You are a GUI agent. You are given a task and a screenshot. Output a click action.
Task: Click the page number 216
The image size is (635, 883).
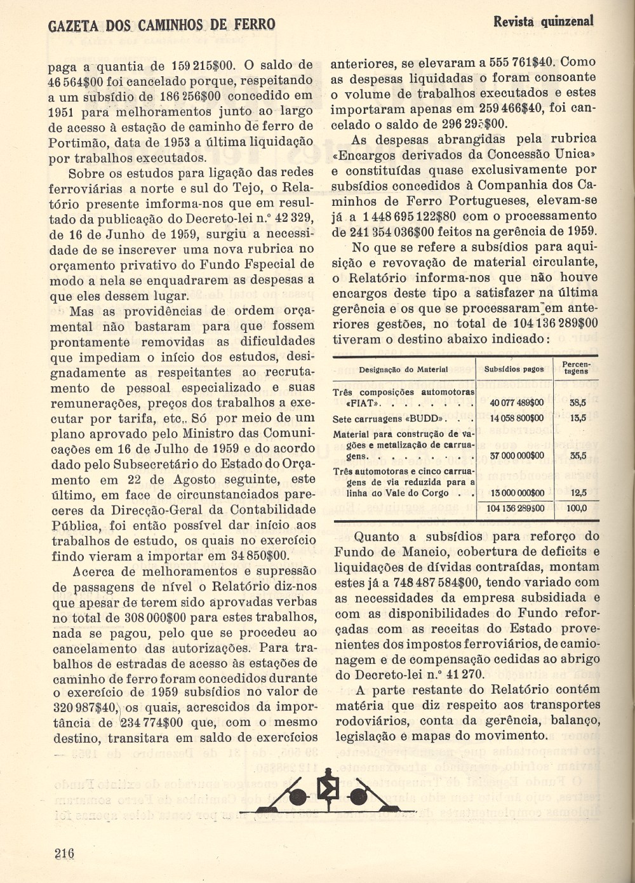tap(64, 853)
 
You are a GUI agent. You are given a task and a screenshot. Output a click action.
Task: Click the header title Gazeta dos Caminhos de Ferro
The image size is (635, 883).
tap(162, 25)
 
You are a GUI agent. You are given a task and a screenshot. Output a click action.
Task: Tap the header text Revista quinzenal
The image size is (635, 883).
tap(543, 21)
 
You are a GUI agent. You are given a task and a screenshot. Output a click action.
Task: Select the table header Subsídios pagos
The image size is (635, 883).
tap(514, 369)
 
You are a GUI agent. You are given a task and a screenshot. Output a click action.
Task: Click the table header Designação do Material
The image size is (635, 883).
tap(403, 369)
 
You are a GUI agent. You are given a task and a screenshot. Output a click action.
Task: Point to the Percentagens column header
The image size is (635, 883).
tap(576, 368)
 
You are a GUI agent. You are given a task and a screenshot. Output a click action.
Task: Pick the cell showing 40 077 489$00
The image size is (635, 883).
tap(517, 403)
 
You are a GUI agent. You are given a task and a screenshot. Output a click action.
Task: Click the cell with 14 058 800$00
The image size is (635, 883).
tap(517, 419)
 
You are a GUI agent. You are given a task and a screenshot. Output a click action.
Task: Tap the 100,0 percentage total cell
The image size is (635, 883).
tap(577, 508)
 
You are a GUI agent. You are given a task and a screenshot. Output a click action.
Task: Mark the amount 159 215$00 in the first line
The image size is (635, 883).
tap(203, 65)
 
